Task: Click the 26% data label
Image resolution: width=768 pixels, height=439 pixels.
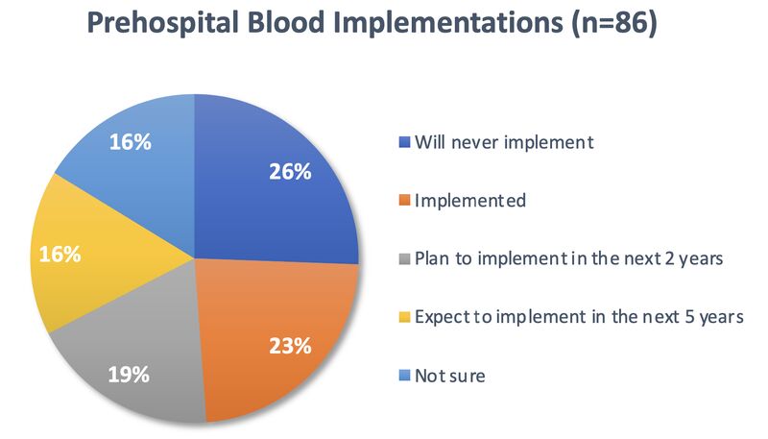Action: point(290,172)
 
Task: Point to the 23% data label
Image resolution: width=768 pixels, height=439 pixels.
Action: point(290,346)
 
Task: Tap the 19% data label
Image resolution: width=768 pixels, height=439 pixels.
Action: point(129,375)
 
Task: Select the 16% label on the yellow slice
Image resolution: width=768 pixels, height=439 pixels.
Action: point(60,255)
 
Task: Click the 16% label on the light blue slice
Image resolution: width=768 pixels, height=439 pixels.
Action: point(130,142)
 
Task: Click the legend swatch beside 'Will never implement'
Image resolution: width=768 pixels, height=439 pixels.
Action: point(404,142)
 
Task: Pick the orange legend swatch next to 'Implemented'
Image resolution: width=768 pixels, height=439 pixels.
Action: point(404,201)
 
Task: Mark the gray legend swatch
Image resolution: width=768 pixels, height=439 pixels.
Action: point(404,258)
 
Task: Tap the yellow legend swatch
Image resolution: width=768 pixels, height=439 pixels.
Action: point(404,317)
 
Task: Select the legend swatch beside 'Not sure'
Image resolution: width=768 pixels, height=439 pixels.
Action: point(404,376)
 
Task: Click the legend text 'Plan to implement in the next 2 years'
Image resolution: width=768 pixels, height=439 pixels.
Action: point(568,258)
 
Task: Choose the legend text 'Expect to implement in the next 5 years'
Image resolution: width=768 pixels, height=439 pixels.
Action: point(579,317)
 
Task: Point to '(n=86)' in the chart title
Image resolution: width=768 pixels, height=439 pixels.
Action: point(613,23)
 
